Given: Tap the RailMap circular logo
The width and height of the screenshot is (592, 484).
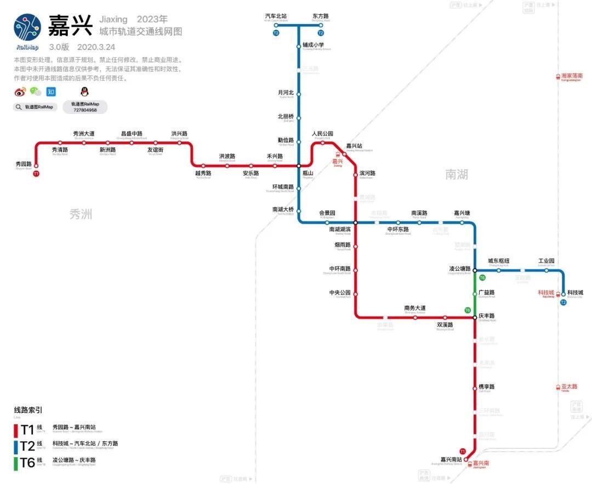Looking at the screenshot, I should point(27,27).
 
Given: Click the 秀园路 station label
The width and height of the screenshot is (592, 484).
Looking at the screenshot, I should point(25,163).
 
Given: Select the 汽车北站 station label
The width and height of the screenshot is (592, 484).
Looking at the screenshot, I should point(276,16).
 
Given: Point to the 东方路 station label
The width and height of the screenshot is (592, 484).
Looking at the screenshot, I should point(321,16).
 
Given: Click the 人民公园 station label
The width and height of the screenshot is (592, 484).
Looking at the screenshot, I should point(322,134).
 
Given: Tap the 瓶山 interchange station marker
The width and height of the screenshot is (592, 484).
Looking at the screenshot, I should point(299,165).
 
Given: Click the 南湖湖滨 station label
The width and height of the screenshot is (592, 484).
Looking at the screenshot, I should point(340,229).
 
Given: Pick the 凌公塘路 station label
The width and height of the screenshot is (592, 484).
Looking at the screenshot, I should point(460,269).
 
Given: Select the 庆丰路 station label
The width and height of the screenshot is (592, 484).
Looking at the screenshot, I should point(486,316).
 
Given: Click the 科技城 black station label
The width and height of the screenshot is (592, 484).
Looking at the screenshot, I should point(576,292).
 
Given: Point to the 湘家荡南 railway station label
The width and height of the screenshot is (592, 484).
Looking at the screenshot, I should point(572,76).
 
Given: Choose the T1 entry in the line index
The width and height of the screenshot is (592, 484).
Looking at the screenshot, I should point(27,429).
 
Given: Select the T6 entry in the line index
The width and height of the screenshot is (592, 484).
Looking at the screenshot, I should point(27,463).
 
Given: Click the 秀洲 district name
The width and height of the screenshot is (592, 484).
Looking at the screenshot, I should point(81,214).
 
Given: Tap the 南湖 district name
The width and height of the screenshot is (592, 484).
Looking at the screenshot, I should point(457,174).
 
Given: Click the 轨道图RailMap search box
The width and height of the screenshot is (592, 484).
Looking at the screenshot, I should point(36,107).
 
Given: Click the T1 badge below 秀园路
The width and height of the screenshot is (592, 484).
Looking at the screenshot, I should point(36,174).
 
